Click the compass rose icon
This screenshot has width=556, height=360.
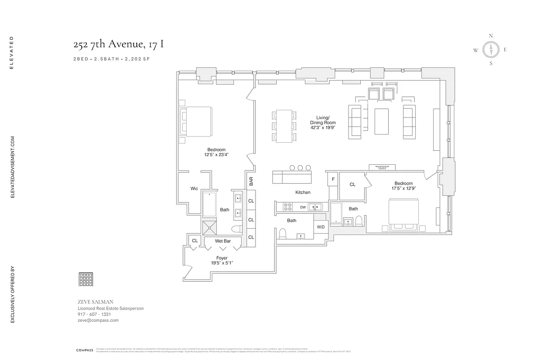point(491,50)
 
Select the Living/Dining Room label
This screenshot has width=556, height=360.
point(323,122)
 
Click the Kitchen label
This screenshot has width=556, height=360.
point(303,192)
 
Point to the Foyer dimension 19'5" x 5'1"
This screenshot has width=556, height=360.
point(222,263)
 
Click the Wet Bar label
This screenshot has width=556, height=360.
point(223,241)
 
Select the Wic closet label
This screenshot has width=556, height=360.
point(194,189)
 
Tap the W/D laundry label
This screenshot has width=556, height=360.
point(321,227)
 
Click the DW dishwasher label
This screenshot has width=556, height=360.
point(303,207)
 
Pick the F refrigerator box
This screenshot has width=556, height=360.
point(333,179)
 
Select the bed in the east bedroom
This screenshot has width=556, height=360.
point(404,215)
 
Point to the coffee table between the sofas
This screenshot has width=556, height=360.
point(382,121)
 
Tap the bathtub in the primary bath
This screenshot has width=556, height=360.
point(209,205)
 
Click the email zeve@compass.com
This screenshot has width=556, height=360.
point(98,320)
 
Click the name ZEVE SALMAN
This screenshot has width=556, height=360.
point(96,301)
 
